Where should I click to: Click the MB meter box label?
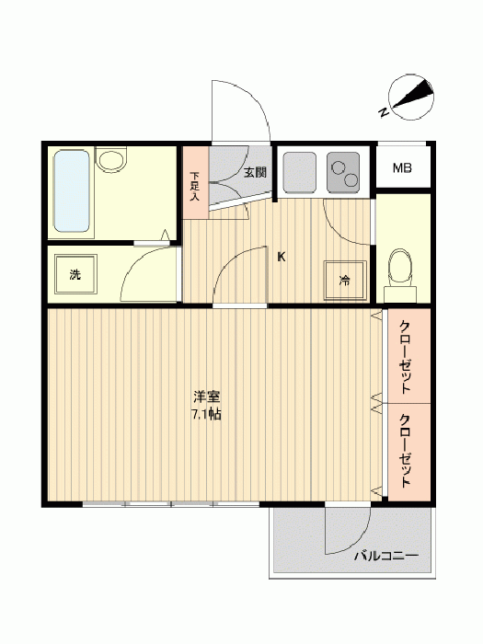tap(402, 168)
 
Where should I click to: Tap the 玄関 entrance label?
tap(255, 172)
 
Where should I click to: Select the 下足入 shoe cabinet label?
tap(195, 186)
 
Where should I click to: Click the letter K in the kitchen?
tap(282, 257)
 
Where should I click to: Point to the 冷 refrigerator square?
tap(345, 281)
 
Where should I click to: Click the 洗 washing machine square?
tap(75, 274)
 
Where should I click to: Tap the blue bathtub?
tap(73, 191)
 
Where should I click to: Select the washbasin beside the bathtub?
tap(111, 160)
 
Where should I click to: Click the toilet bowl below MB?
tap(400, 267)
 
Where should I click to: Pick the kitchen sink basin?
tap(299, 173)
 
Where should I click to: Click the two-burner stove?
tap(343, 173)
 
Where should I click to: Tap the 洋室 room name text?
tap(207, 397)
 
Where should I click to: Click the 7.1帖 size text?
tap(206, 414)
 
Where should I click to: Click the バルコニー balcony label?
tap(386, 556)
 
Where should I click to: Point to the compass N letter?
tap(384, 111)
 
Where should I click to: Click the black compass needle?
tap(414, 96)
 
